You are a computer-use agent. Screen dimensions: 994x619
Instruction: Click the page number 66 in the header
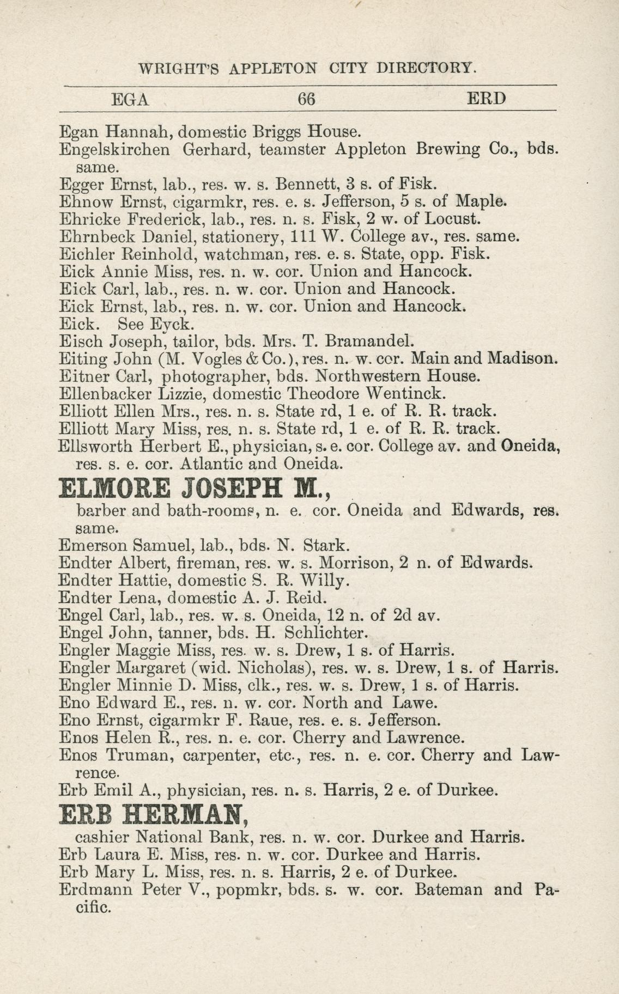[x=307, y=99]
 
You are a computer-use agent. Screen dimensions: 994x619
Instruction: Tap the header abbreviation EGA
[x=130, y=99]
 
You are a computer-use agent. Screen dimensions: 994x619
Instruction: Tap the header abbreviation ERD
[x=487, y=99]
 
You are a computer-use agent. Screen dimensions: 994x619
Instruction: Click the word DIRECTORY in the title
[x=427, y=69]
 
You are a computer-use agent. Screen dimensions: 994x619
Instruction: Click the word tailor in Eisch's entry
[x=191, y=342]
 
